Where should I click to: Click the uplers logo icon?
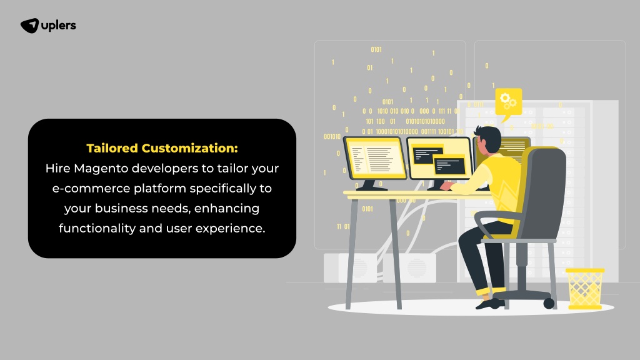[x=30, y=26]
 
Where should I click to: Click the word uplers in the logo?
[x=59, y=26]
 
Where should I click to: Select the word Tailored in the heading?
[x=112, y=148]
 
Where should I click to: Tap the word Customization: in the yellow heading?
[x=190, y=148]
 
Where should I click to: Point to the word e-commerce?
[x=91, y=189]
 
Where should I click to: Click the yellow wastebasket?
[x=585, y=288]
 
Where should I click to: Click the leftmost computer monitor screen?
[x=375, y=158]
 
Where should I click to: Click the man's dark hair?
[x=490, y=137]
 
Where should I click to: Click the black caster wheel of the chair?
[x=549, y=303]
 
